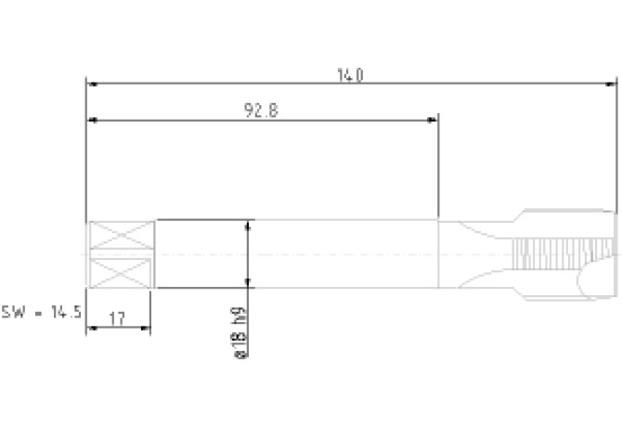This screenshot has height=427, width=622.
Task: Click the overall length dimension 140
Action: (x=350, y=75)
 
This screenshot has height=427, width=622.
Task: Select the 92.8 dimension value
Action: (x=261, y=110)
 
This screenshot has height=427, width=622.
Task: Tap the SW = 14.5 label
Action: (x=41, y=312)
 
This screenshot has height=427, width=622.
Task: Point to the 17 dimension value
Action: (x=117, y=318)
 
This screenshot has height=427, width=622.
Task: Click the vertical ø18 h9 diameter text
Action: (x=240, y=332)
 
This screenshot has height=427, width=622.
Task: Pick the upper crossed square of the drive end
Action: (x=121, y=235)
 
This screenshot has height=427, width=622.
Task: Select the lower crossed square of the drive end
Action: (x=121, y=273)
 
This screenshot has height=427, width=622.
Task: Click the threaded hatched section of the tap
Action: (x=563, y=253)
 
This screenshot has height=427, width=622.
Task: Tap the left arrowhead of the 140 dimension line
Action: (x=92, y=84)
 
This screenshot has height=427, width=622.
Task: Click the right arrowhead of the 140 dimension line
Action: (x=611, y=84)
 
